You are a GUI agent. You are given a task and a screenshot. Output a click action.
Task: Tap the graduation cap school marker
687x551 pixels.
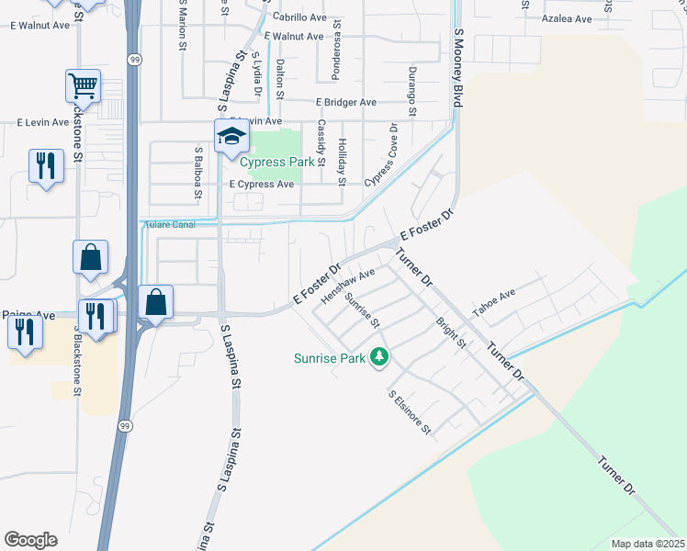point(231,138)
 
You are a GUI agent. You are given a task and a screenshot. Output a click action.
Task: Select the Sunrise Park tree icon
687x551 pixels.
point(378,357)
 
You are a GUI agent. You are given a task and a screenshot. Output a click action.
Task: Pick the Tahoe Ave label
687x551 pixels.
point(494,299)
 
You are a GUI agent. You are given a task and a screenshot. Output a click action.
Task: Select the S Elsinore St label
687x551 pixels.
point(410,412)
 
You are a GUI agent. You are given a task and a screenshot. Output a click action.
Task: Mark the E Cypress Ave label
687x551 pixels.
point(262,184)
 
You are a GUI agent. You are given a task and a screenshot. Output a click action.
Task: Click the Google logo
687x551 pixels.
point(31,539)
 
